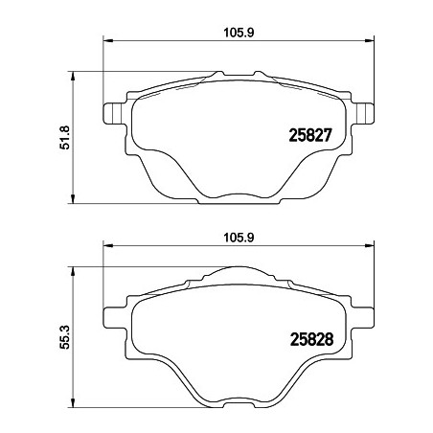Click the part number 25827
pos(310,135)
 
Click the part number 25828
pos(311,339)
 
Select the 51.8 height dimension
pos(64,138)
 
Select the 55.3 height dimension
pos(64,337)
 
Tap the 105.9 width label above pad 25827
pos(239,33)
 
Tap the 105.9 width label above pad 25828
pos(239,238)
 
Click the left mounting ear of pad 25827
pos(113,113)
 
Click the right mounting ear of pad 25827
pos(363,113)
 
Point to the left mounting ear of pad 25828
pos(113,317)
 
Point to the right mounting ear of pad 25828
pos(363,317)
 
